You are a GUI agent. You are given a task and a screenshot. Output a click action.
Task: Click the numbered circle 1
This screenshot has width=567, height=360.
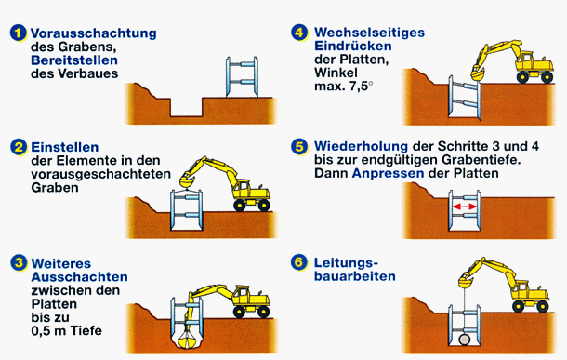coord(18,33)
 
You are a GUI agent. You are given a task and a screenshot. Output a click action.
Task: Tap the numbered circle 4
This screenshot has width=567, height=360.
coord(299,33)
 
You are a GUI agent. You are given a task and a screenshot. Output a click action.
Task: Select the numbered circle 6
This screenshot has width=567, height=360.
coord(299,262)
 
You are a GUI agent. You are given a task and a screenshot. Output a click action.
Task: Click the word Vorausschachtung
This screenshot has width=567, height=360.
coord(94,33)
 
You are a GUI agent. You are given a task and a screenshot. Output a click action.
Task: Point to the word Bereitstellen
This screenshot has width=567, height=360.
coord(74,60)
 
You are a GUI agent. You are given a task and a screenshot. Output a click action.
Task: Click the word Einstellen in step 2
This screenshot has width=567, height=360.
coord(65,147)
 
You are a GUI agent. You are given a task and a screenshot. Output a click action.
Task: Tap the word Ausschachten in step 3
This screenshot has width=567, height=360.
coord(80,277)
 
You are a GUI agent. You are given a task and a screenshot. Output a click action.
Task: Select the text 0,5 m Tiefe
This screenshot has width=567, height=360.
coord(67,330)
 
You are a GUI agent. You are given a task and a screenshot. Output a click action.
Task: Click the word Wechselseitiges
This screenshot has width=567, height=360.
coord(369,33)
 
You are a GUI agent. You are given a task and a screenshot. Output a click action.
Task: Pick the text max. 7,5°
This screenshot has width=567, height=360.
coord(344,87)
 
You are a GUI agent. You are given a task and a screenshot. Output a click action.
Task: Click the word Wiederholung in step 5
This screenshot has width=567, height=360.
coord(361,147)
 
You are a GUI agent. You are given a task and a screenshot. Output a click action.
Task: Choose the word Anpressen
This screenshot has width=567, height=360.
coord(388,173)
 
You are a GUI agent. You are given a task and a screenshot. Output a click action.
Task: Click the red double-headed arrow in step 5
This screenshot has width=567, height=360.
coord(465,207)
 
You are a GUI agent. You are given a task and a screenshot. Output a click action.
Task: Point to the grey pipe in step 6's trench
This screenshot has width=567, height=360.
coord(465,340)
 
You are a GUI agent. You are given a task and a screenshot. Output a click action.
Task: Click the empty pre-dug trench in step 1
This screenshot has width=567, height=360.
coord(186,107)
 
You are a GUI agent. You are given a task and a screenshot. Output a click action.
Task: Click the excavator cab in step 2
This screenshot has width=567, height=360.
coord(243,188)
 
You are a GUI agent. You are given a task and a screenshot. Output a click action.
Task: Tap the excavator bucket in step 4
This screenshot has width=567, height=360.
coord(478,74)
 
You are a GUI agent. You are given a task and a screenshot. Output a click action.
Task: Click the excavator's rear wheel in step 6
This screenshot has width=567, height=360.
coord(518,307)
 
